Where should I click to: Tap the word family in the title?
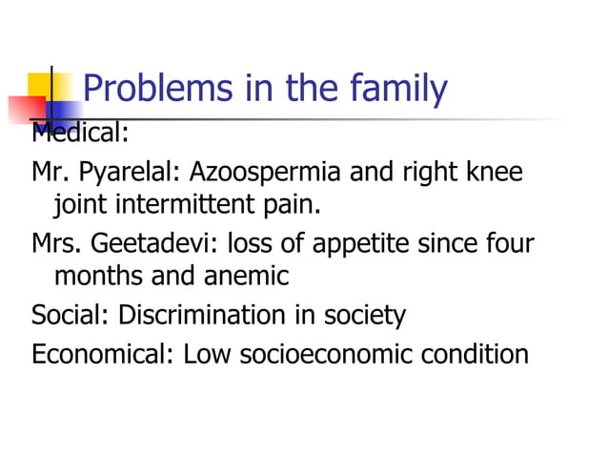pyautogui.click(x=398, y=89)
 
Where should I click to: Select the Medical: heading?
pyautogui.click(x=80, y=132)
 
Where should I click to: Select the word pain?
pyautogui.click(x=290, y=203)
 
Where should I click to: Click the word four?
pyautogui.click(x=511, y=242)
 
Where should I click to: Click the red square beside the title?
pyautogui.click(x=26, y=110)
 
